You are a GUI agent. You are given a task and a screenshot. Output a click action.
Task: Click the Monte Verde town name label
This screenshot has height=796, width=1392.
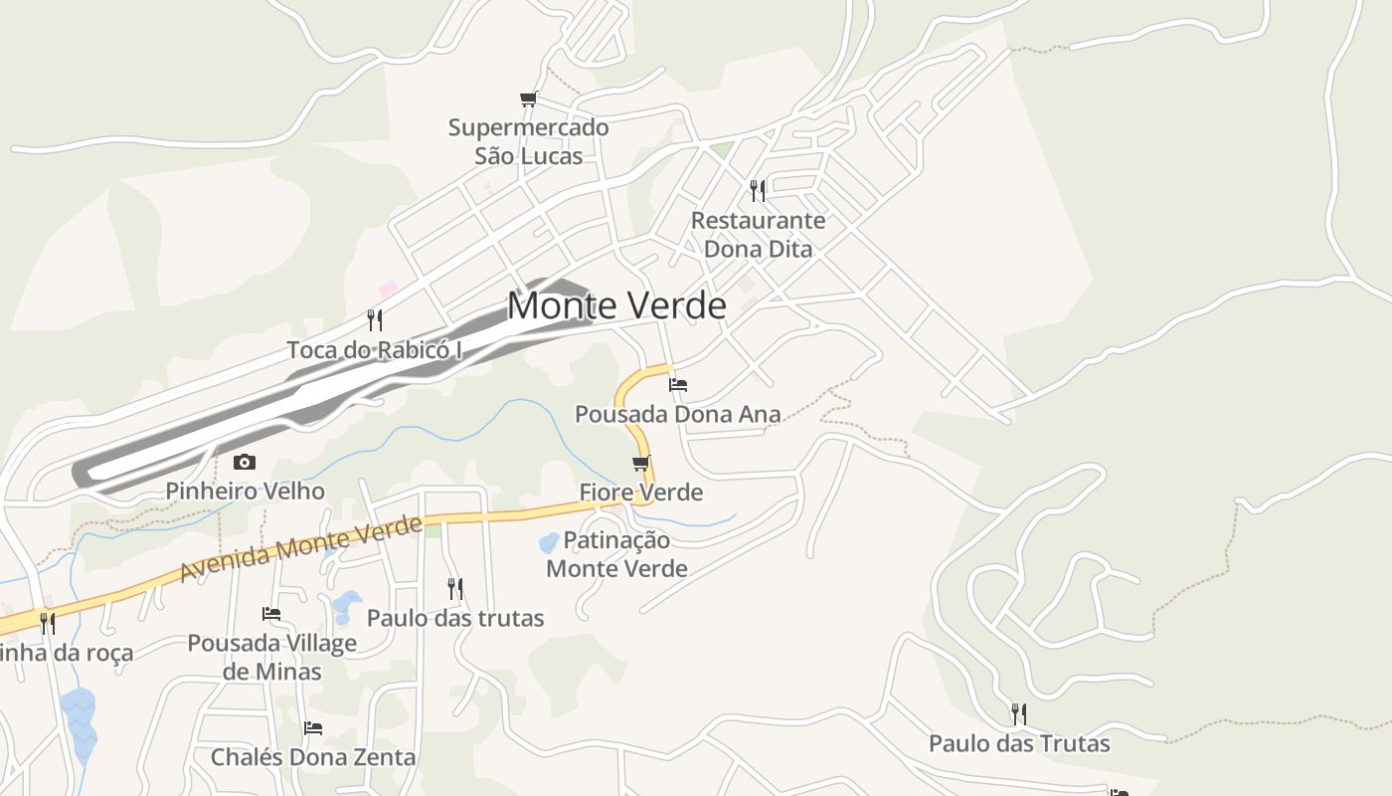click(x=616, y=305)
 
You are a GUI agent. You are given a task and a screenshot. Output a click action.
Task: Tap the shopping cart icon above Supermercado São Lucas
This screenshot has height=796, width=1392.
click(x=529, y=99)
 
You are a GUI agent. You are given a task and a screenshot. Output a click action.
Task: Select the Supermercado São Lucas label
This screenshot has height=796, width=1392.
click(x=528, y=141)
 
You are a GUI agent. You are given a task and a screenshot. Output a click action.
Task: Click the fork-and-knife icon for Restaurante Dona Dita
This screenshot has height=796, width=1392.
click(x=758, y=190)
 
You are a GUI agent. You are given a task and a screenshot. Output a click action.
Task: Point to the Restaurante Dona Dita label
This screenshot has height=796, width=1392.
click(x=758, y=234)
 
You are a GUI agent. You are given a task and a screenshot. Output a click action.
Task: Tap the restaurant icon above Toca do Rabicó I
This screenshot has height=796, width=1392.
click(x=375, y=319)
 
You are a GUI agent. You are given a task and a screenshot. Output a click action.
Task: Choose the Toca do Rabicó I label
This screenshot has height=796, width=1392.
click(x=375, y=350)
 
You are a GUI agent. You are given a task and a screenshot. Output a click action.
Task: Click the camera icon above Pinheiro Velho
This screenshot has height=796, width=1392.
click(x=245, y=462)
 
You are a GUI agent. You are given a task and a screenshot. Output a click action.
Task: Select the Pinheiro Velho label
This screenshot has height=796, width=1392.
click(x=245, y=491)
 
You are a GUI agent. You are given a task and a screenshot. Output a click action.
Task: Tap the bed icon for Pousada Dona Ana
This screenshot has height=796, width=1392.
click(x=678, y=384)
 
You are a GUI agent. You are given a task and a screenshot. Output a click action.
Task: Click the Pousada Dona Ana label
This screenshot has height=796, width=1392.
click(x=678, y=414)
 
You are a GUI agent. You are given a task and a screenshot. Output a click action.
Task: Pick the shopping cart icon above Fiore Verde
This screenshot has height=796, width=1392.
click(x=641, y=463)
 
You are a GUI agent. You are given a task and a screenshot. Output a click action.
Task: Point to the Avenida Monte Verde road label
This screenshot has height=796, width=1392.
click(x=301, y=549)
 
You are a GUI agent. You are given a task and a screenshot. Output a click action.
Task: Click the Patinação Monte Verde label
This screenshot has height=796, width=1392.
click(x=616, y=554)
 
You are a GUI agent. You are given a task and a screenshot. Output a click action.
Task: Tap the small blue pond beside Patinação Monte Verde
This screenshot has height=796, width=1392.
click(x=549, y=542)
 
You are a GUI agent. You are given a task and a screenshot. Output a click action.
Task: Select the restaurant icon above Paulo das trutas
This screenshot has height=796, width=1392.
click(x=455, y=589)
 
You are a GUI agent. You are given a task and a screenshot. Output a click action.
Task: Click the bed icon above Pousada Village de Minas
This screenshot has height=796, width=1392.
click(x=271, y=614)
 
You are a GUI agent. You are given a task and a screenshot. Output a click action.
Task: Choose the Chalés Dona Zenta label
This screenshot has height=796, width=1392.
click(x=312, y=757)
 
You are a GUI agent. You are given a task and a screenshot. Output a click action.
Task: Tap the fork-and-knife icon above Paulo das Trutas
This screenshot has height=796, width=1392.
click(x=1019, y=713)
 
